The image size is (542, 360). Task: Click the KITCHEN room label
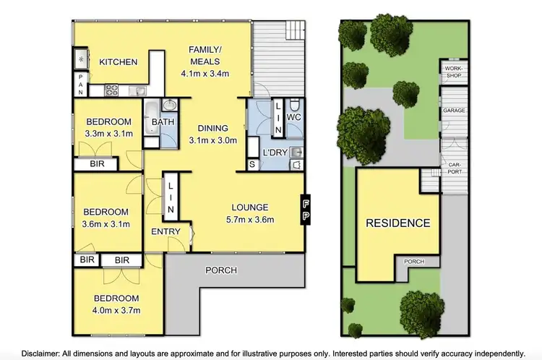click(119, 62)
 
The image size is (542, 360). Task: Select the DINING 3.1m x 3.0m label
click(212, 134)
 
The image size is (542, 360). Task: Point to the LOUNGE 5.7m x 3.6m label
click(249, 213)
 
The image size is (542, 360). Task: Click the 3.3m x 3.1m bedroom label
click(108, 127)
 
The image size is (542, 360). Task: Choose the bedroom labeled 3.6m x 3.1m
click(106, 218)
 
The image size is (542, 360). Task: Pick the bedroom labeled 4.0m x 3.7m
click(116, 304)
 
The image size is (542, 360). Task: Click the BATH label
click(163, 122)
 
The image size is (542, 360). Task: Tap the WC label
click(293, 116)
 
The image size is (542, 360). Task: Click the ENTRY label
click(165, 232)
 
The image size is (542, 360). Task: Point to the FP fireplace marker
click(306, 209)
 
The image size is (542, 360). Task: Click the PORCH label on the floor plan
click(221, 270)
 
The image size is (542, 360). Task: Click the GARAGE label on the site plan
click(454, 111)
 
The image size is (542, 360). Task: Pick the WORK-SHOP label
click(453, 70)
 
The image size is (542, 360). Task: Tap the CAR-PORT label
click(454, 168)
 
